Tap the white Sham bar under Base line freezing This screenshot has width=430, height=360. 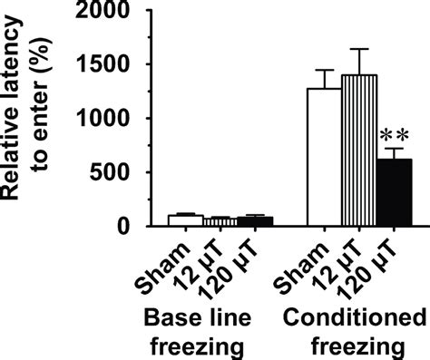point(159,220)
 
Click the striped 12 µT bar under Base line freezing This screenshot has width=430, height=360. point(191,222)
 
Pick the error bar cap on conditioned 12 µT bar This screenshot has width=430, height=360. point(360,49)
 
